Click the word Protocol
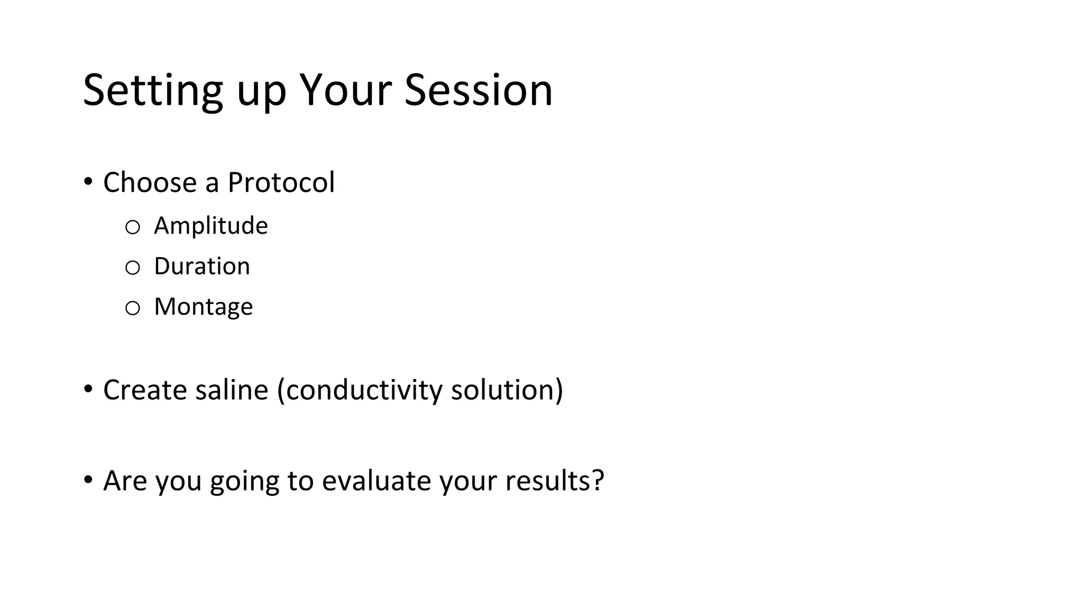(x=281, y=183)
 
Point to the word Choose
(x=150, y=183)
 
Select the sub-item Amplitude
(x=210, y=226)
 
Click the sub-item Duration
(x=201, y=266)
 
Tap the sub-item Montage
(x=203, y=307)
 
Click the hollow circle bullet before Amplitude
(x=132, y=228)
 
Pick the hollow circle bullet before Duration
(x=132, y=268)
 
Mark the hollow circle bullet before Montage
(x=132, y=308)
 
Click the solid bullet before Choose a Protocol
(x=88, y=182)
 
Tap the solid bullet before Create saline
(x=88, y=390)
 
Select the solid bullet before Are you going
(x=88, y=480)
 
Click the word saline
(x=232, y=390)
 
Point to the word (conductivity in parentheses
(x=360, y=391)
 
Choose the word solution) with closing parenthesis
(x=507, y=390)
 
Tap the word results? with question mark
(x=554, y=481)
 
